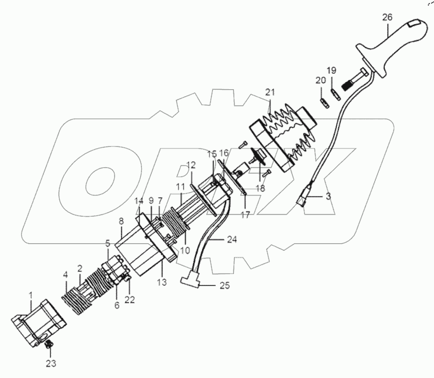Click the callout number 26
click(x=387, y=17)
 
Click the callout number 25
click(x=223, y=285)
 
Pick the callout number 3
click(x=328, y=196)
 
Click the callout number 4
click(x=65, y=275)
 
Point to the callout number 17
click(x=245, y=215)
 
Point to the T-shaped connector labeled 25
click(x=190, y=280)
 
